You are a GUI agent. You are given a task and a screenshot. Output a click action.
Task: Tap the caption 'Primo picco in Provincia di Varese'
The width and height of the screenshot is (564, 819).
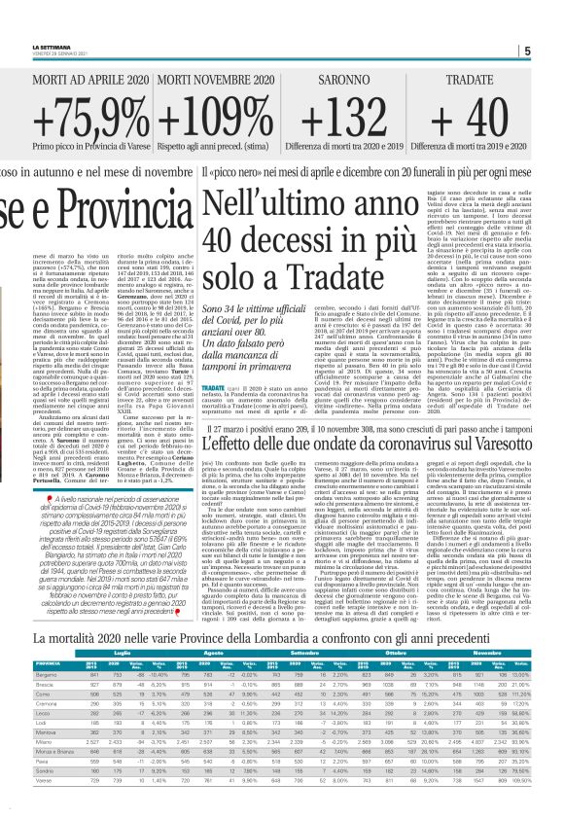coord(88,157)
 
